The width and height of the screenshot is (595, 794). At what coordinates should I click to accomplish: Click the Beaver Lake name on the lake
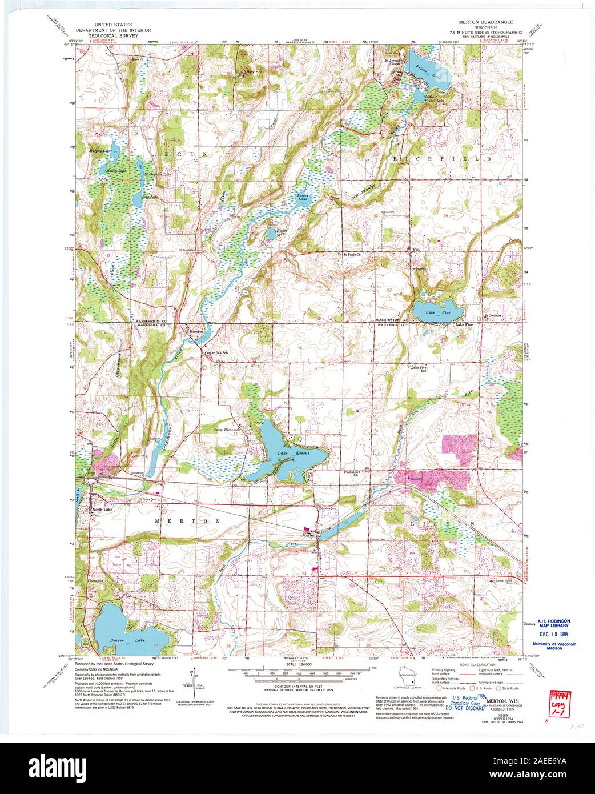pyautogui.click(x=127, y=641)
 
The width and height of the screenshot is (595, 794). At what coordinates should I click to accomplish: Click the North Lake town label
pyautogui.click(x=103, y=510)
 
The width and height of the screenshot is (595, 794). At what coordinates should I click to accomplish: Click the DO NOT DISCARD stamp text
pyautogui.click(x=462, y=707)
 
